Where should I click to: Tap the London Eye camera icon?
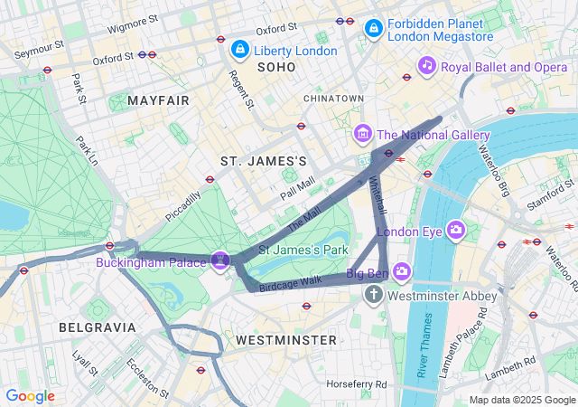pos(456,231)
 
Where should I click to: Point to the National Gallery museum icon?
pos(363,135)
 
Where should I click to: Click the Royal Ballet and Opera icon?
pos(427,66)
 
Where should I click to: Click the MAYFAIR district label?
pos(159,100)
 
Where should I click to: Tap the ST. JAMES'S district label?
pos(264,161)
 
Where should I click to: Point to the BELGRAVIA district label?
pos(97,327)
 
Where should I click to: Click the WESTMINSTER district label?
pos(285,340)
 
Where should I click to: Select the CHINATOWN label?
pos(333,98)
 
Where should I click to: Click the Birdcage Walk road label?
pos(290,281)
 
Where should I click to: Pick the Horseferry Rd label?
pos(357,383)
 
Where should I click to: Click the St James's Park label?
pos(303,249)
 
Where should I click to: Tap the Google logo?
pos(30,396)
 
